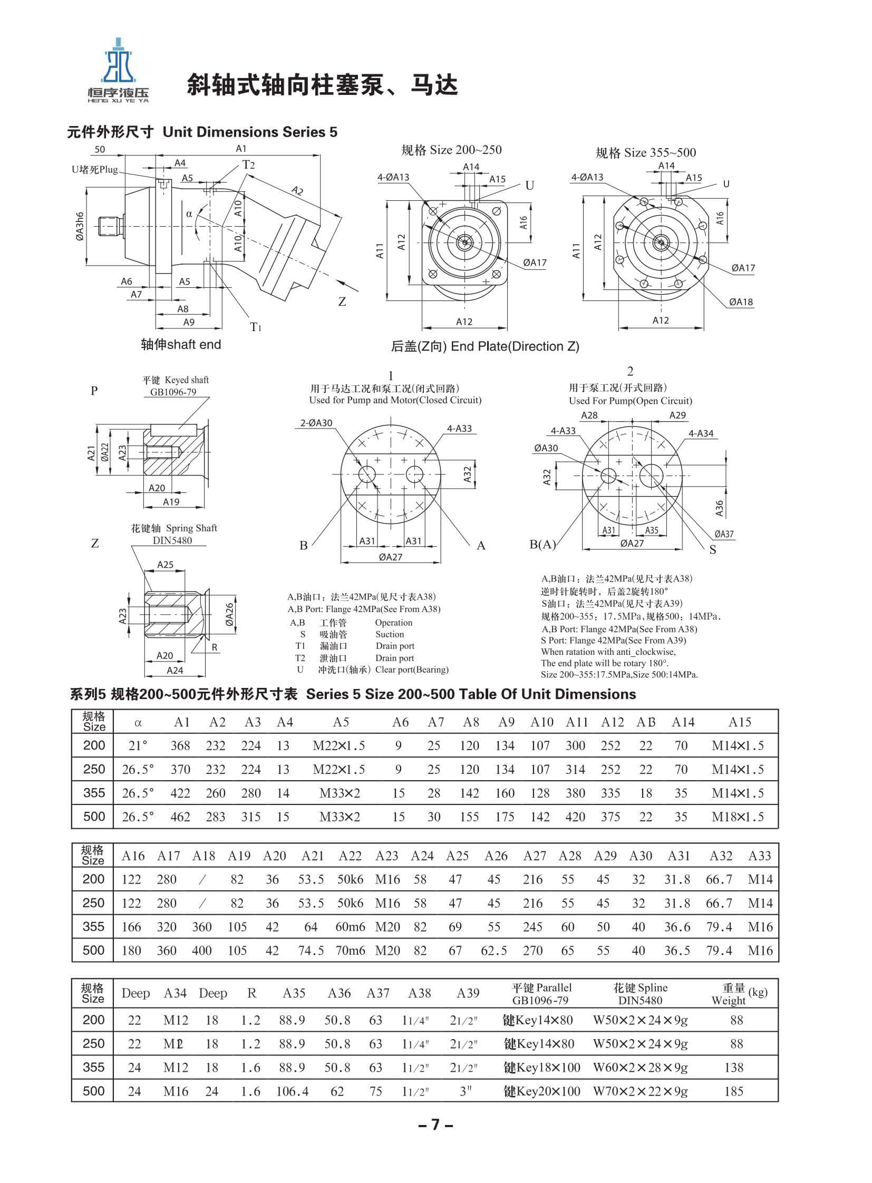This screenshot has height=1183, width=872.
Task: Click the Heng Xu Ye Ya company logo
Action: coord(118,69)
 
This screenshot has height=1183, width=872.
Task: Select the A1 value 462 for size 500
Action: coord(180,817)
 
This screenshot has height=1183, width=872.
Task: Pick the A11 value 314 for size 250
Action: coord(575,770)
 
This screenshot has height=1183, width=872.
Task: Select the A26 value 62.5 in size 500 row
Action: coord(493,951)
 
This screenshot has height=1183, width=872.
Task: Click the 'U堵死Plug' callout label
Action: coord(95,170)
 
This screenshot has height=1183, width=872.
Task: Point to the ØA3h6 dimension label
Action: coord(79,227)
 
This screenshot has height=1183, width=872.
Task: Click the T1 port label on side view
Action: coord(256,327)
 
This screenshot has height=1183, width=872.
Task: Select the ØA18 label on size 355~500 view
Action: coord(741,302)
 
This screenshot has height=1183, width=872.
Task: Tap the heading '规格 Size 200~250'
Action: coord(451,150)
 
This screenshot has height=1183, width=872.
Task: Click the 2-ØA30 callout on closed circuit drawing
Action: coord(316,423)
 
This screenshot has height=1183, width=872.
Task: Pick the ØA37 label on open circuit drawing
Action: coord(724,534)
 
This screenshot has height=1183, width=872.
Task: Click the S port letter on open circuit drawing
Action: coord(713,550)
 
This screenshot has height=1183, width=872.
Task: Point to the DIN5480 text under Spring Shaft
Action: coord(172,540)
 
